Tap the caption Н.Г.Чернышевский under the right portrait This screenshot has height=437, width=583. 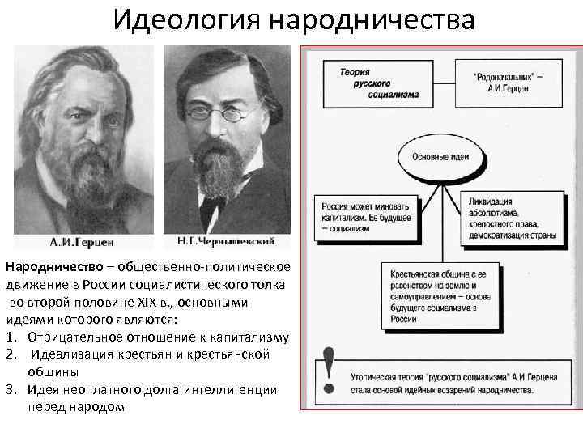click(x=225, y=241)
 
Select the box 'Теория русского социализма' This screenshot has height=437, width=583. click(x=380, y=83)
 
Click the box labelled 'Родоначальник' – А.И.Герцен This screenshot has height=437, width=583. click(x=507, y=83)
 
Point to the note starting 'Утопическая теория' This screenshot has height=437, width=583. click(x=453, y=383)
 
